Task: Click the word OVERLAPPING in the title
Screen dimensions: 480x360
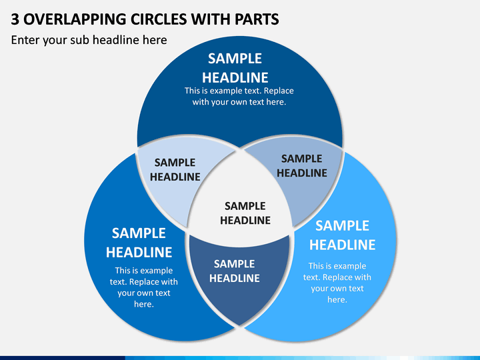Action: [75, 19]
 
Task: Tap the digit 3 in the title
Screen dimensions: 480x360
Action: [15, 19]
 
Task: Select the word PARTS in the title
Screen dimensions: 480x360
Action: [257, 19]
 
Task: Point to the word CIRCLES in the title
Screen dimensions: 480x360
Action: [159, 19]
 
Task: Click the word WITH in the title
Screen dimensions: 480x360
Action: [211, 19]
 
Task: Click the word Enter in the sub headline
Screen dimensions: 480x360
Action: [25, 40]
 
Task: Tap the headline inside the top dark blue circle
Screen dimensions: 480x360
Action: [235, 68]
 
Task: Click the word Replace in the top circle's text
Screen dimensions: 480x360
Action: [279, 91]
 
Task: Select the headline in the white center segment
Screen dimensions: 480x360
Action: [245, 213]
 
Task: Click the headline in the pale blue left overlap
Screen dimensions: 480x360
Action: [175, 169]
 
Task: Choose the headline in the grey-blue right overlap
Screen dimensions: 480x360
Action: [302, 165]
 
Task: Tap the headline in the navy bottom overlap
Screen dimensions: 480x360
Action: [235, 271]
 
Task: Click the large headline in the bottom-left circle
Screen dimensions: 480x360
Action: [139, 243]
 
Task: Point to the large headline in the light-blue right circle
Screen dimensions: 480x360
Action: [342, 235]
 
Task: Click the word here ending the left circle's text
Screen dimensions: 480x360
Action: [144, 304]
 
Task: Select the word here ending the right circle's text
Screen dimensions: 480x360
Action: [337, 300]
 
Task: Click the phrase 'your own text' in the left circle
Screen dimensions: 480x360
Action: [144, 293]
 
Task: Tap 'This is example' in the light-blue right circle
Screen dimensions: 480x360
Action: [337, 266]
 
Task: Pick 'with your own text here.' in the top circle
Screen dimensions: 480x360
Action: [239, 102]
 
